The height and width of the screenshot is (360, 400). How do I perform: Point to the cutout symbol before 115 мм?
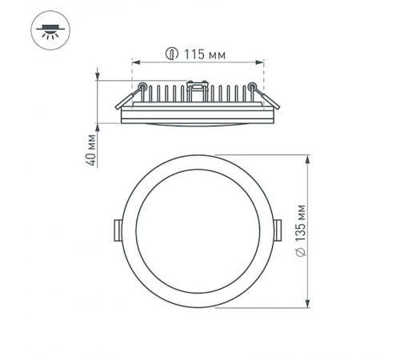pos(170,54)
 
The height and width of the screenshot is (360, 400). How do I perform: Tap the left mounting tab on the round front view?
pos(117,230)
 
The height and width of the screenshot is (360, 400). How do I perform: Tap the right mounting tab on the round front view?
pos(278,230)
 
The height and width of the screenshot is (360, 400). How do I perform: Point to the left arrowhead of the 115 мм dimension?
pos(134,62)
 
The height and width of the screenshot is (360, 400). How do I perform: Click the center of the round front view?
pos(197,230)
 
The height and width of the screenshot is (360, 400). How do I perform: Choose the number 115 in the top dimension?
pos(190,54)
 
